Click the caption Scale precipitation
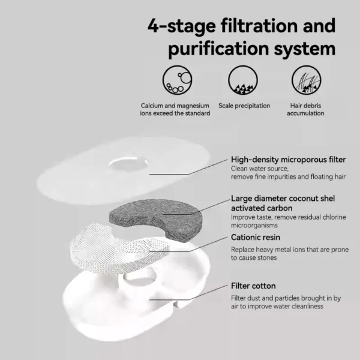(x=244, y=106)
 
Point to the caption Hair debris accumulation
(x=305, y=109)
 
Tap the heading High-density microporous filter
(x=288, y=160)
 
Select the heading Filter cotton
(x=253, y=286)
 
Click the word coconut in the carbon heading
(x=307, y=199)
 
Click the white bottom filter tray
(x=108, y=300)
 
